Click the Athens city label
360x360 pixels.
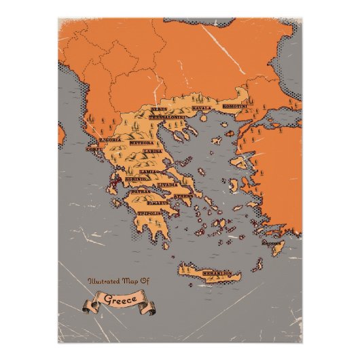[x=183, y=196]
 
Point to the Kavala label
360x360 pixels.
[x=202, y=107]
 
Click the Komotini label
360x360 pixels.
[x=234, y=107]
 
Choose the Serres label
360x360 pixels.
[x=160, y=109]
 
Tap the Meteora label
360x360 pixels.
[x=141, y=143]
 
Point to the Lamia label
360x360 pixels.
[x=149, y=172]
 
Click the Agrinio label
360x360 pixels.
[x=133, y=178]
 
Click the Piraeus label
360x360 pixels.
[x=160, y=202]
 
